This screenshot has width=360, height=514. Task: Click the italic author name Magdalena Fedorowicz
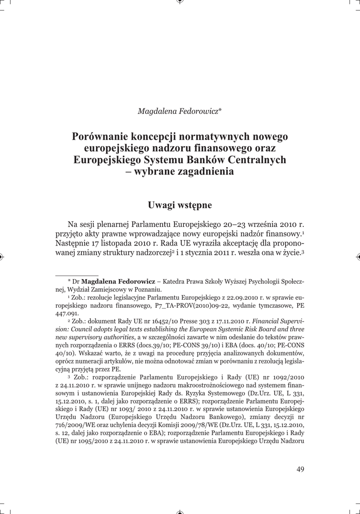coord(178,111)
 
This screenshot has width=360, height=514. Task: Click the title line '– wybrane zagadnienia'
coord(180,172)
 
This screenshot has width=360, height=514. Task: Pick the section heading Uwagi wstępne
coord(180,205)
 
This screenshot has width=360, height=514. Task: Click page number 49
coord(300,469)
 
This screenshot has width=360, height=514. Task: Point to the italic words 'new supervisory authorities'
coord(95,336)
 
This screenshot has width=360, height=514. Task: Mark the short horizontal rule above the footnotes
coord(69,275)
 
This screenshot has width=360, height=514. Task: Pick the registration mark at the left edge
coord(2,256)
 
